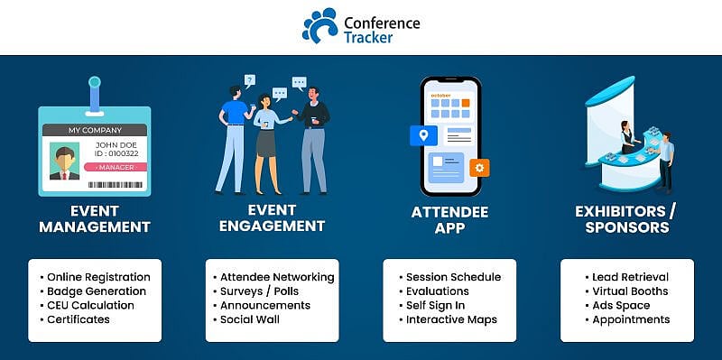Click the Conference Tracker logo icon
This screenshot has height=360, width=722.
tap(319, 25)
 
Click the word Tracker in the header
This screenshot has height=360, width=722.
tap(368, 36)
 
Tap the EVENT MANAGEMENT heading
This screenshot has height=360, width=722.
tap(93, 219)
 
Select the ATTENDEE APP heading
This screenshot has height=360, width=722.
tap(450, 220)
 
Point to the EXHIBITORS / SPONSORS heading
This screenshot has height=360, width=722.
tap(625, 220)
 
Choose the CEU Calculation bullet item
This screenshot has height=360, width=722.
tap(90, 305)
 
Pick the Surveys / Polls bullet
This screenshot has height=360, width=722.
tap(259, 291)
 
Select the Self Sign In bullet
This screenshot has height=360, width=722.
tap(437, 306)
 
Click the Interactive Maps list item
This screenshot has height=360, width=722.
tap(451, 319)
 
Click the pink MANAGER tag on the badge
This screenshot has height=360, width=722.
tap(116, 167)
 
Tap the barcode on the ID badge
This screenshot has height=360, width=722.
tap(116, 184)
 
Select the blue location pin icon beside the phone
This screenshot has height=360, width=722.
tap(421, 136)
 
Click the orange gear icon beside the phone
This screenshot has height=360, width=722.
tap(480, 167)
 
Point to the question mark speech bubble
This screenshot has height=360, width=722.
tap(250, 81)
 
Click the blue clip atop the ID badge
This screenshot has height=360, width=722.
tap(94, 90)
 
